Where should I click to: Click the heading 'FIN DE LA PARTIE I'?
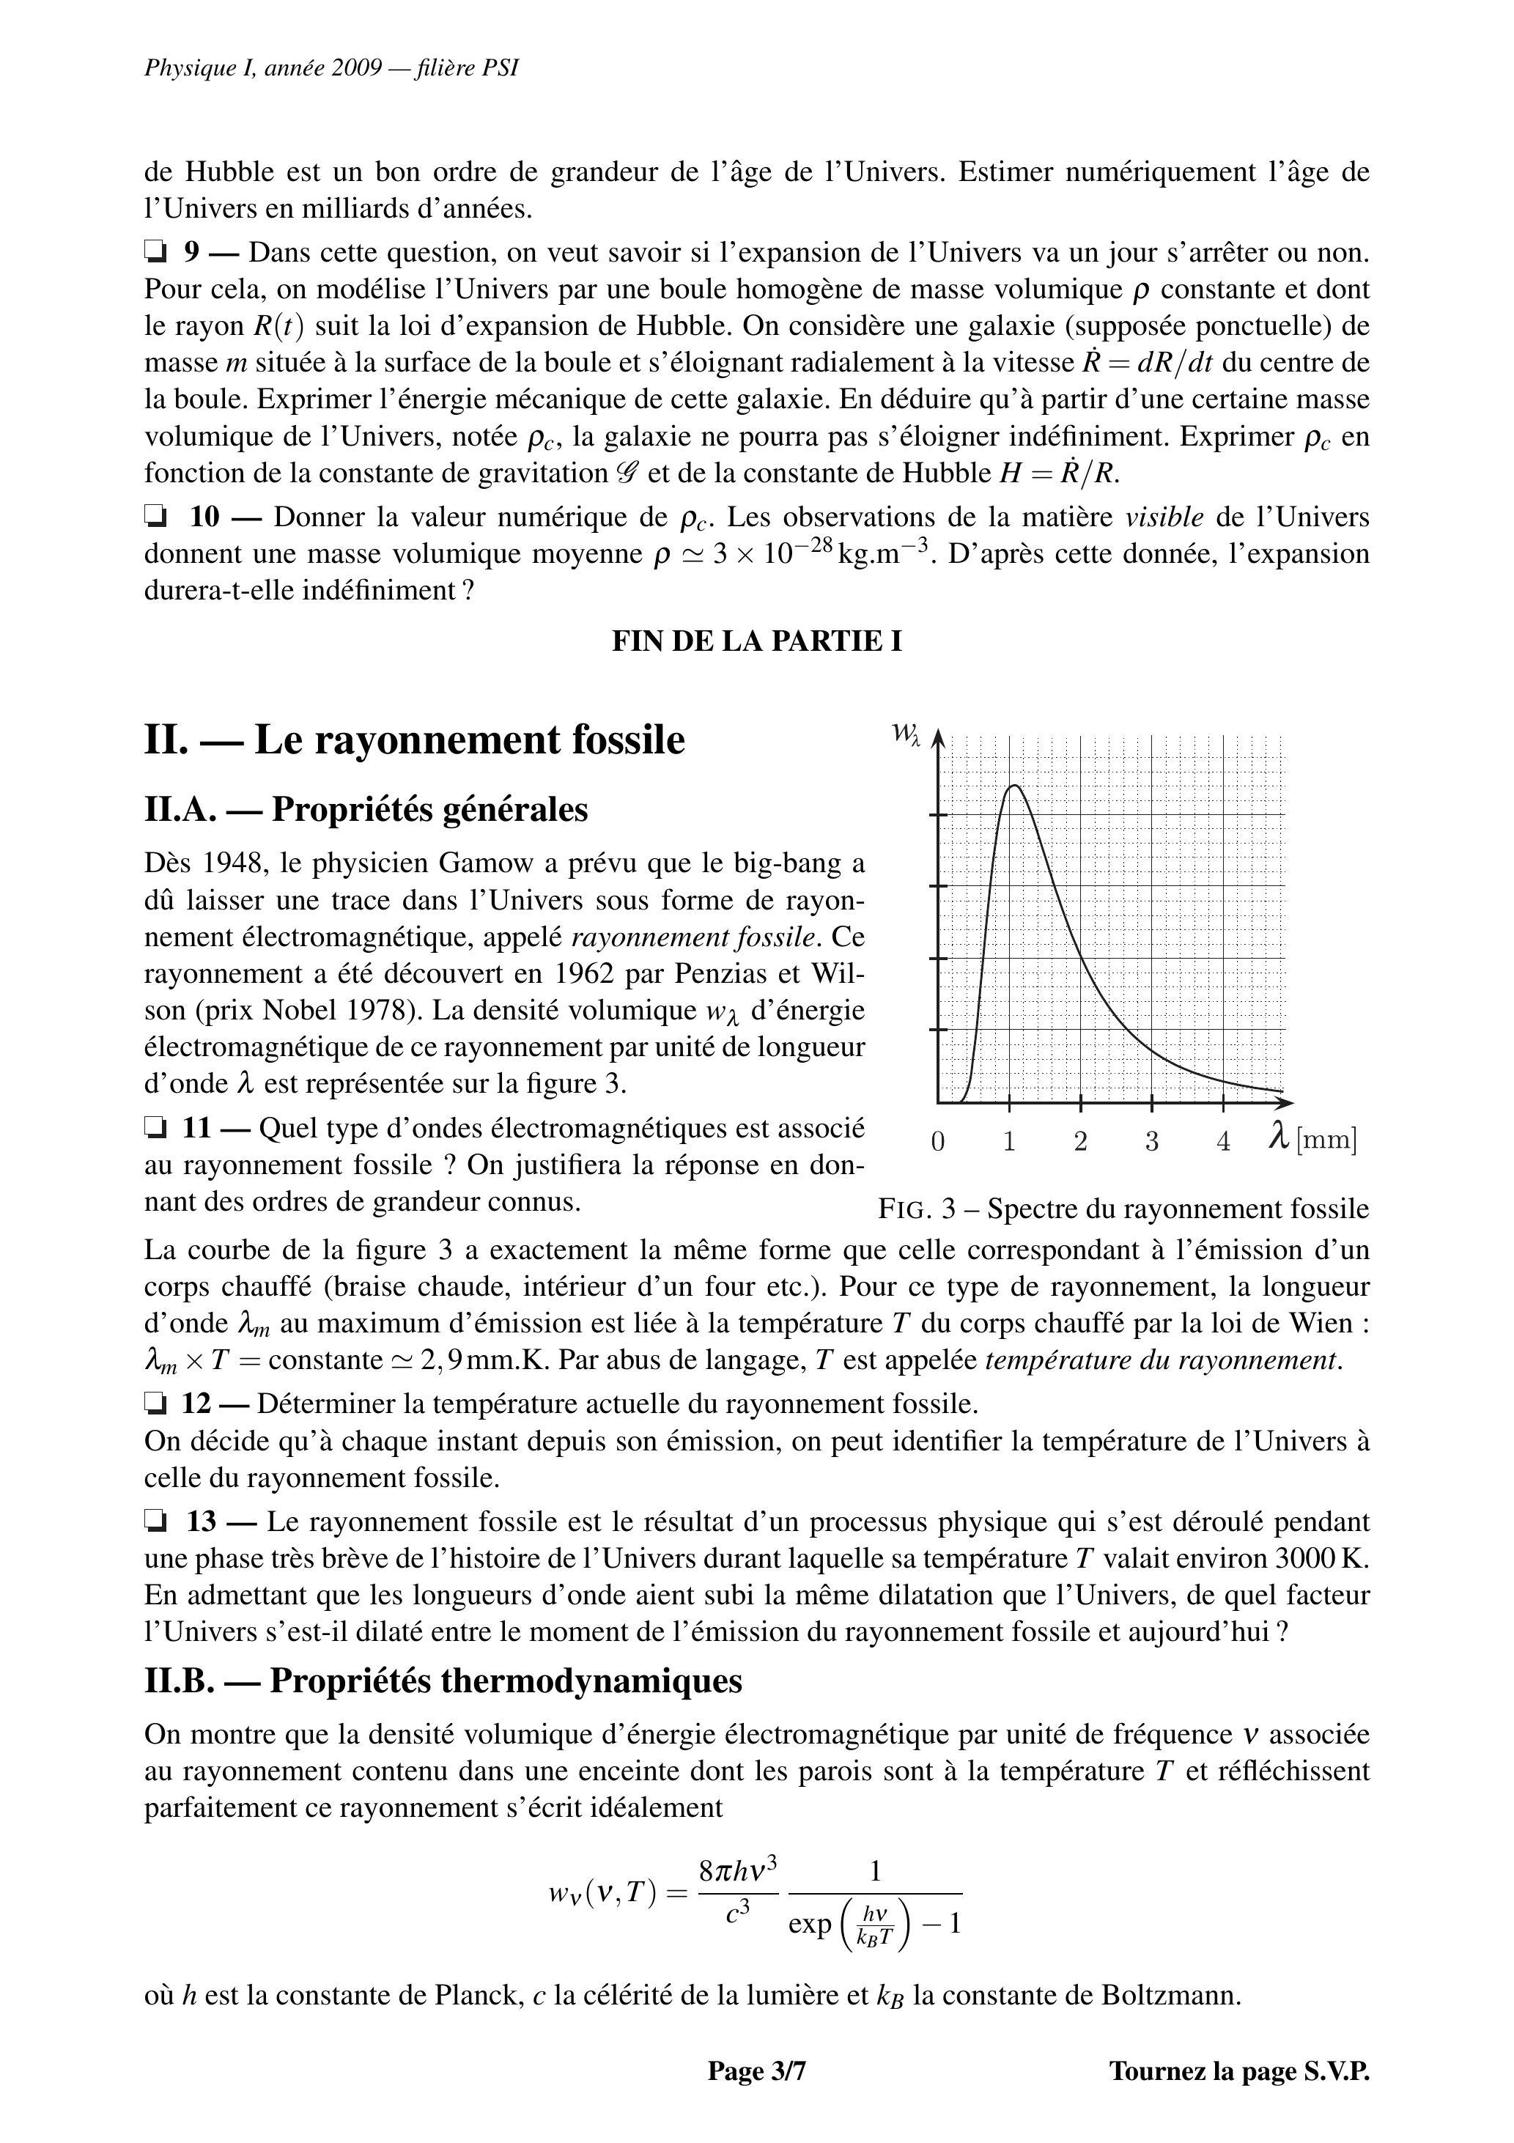(x=756, y=641)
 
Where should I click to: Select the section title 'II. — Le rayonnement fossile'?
(x=415, y=740)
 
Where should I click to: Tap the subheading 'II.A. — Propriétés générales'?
(x=366, y=809)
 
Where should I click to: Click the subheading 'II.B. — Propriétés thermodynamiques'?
(x=443, y=1681)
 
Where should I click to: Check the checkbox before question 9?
(x=154, y=251)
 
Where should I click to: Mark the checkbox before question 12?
(x=154, y=1403)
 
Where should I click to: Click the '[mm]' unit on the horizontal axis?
(x=1326, y=1140)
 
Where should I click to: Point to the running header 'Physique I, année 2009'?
(x=263, y=68)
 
